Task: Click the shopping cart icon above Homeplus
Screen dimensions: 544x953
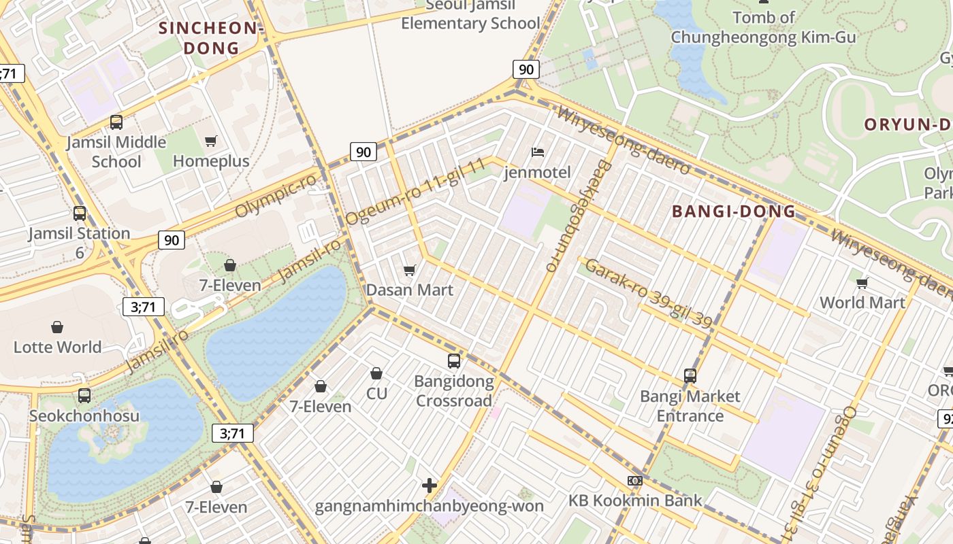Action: point(211,141)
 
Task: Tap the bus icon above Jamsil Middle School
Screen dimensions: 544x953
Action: point(116,122)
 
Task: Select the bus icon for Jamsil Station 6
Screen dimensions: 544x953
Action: point(80,214)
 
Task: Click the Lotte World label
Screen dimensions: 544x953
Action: point(57,347)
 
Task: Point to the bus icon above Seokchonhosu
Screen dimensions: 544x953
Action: point(84,396)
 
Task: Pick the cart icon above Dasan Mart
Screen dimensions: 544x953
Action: point(410,271)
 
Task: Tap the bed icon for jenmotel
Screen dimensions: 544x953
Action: point(538,152)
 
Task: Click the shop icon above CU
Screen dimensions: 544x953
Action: point(376,373)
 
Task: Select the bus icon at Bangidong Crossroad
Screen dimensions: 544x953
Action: point(454,361)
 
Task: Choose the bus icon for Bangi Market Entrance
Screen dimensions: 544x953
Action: point(690,376)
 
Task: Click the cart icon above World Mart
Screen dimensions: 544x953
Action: point(862,283)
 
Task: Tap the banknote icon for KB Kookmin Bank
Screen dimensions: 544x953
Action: point(635,481)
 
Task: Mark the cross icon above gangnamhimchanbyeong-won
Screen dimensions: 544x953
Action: point(430,486)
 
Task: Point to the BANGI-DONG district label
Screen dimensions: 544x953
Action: point(734,211)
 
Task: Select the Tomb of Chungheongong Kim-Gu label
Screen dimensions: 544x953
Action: point(763,28)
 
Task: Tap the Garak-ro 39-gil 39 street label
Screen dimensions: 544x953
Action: point(649,293)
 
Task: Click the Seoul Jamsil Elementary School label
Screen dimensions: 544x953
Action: point(470,16)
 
